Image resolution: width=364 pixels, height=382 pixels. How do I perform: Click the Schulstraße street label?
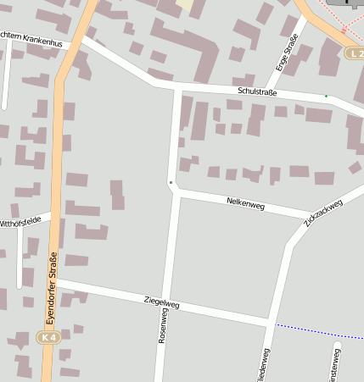coord(258,91)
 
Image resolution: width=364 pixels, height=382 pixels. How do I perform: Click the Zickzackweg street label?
coord(322,213)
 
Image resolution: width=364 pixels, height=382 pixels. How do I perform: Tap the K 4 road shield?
coord(49,337)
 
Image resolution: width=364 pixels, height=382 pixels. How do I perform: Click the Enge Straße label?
coord(288,53)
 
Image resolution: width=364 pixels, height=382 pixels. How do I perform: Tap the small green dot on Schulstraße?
coord(326,97)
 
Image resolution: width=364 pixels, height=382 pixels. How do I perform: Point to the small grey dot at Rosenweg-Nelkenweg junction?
coord(171,182)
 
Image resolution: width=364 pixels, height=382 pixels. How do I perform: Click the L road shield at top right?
coord(355,53)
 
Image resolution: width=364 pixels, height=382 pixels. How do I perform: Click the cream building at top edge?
coord(185,4)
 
